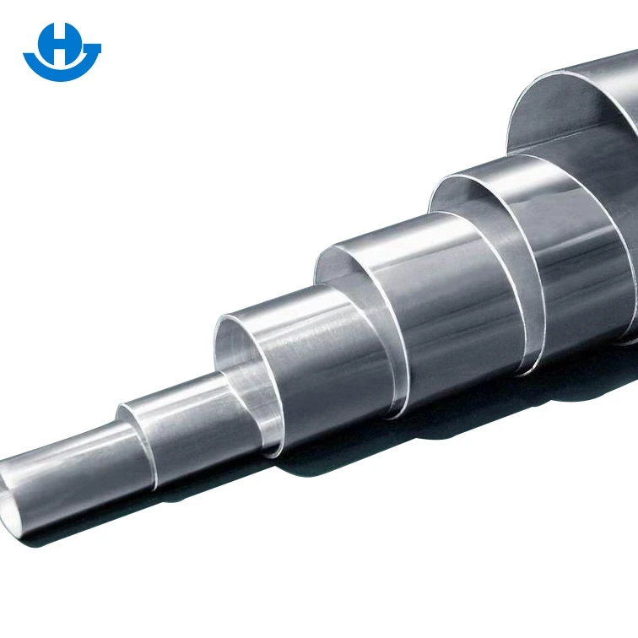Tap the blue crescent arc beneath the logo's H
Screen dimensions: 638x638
coord(62,73)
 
